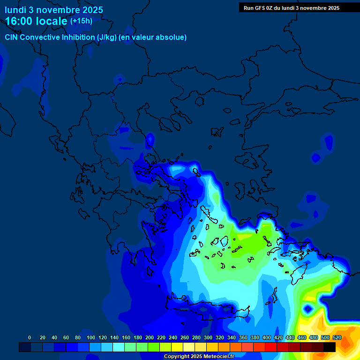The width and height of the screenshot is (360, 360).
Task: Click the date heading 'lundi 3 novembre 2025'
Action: coord(54,10)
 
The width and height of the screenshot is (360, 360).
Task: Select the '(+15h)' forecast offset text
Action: coord(81,21)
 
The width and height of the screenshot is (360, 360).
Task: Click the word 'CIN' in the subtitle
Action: coord(12,37)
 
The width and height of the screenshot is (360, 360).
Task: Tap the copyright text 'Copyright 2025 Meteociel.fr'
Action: coord(199,357)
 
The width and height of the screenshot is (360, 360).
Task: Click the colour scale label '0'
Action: coord(30,337)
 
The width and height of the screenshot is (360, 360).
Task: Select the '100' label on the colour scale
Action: coord(91,337)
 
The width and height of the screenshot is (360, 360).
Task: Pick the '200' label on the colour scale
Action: coord(150,337)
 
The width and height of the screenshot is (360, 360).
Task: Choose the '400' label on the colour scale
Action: coord(267,337)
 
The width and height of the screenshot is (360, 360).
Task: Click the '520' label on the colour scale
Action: coord(337,337)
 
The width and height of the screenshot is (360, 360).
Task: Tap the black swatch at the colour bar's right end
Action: coord(330,347)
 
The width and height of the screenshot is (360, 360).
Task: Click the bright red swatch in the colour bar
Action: coord(271,347)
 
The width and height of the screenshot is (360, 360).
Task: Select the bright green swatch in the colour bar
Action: coord(154,347)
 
